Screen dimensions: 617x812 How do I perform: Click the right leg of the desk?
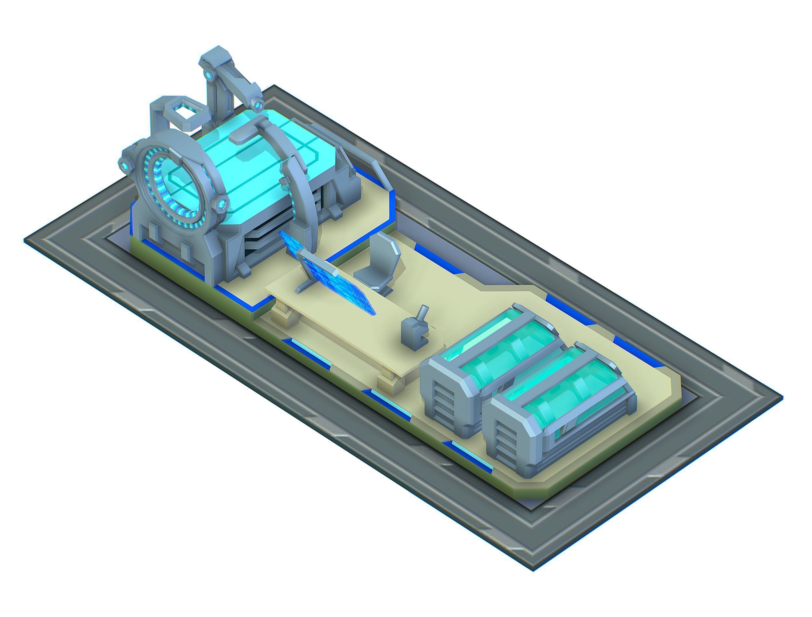390,384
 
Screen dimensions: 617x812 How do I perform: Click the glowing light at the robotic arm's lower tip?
258,106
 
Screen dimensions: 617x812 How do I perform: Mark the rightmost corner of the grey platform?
782,398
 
